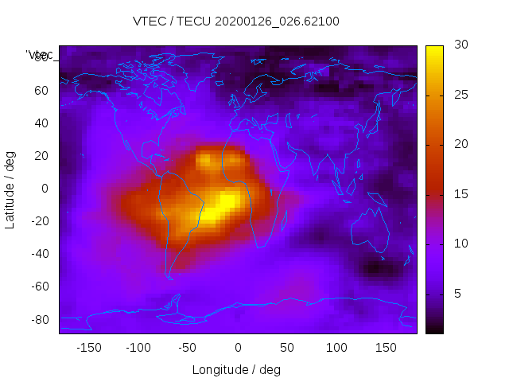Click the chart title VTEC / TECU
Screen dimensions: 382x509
[x=236, y=21]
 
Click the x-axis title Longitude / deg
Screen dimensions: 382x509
[x=236, y=369]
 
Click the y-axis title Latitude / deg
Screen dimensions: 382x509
[x=10, y=189]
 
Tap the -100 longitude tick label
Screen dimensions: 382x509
[x=138, y=348]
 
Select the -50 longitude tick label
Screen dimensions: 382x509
[x=188, y=348]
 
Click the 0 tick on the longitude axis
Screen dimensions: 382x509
[x=237, y=348]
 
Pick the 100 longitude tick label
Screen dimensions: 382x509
[x=336, y=348]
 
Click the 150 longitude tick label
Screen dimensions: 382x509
[x=386, y=348]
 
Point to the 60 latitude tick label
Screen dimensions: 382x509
[x=42, y=91]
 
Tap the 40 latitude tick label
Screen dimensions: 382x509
[x=42, y=123]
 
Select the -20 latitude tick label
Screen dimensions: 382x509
[x=40, y=221]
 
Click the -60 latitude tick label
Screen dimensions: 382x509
[x=40, y=286]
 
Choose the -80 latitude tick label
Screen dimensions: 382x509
[x=40, y=319]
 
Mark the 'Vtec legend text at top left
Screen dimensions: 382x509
[x=40, y=55]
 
